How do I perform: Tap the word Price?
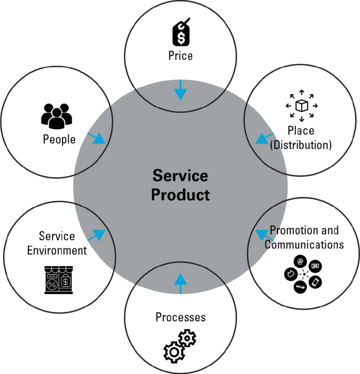tap(180, 55)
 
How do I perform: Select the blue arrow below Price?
tap(180, 90)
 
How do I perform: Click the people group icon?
tap(56, 116)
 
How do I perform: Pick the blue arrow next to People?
tap(96, 138)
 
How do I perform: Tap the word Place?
tap(301, 130)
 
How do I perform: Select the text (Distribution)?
tap(301, 144)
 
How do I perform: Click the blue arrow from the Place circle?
tap(263, 138)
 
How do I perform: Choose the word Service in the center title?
tap(180, 175)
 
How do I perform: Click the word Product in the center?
tap(180, 194)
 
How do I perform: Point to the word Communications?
tap(304, 244)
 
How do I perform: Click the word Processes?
tap(180, 317)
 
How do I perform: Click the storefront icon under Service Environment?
tap(58, 279)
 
